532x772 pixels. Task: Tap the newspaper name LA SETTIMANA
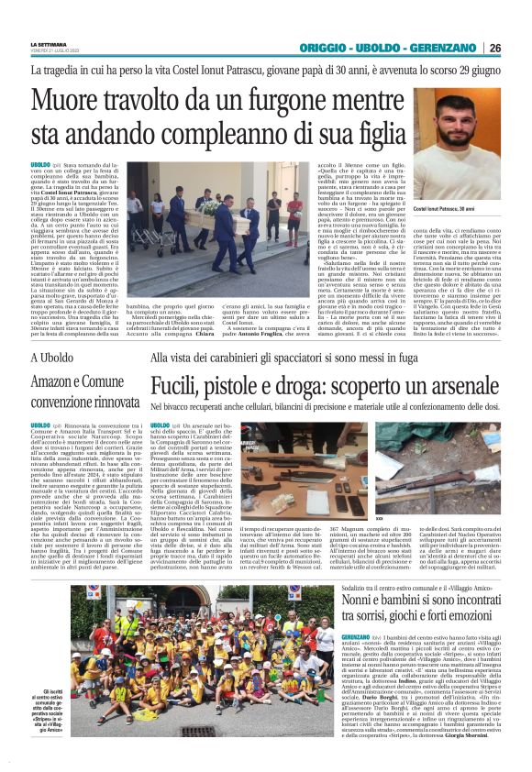48,43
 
